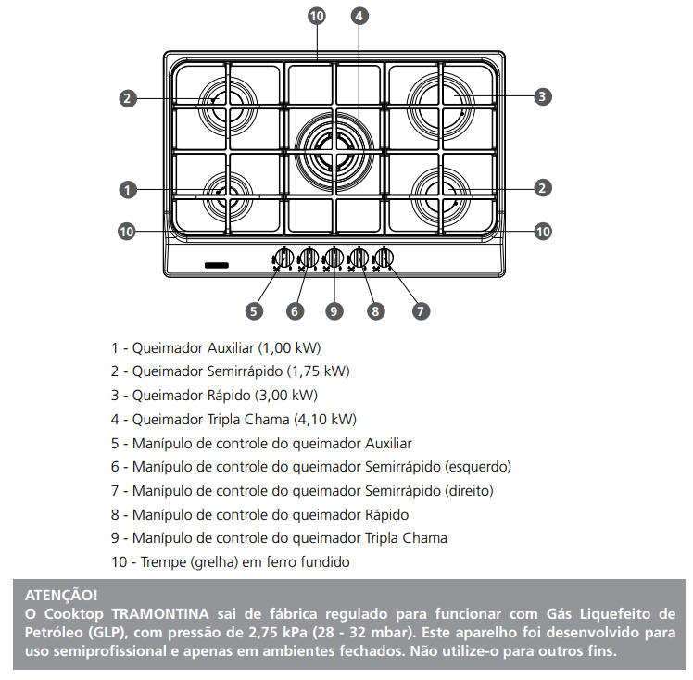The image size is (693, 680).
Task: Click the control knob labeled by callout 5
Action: [x=283, y=258]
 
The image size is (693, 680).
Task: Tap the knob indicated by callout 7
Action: [x=384, y=258]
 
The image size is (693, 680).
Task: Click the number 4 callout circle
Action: [x=359, y=16]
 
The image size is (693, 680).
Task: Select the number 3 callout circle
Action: [x=543, y=95]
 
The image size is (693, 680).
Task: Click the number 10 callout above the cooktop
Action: [x=317, y=16]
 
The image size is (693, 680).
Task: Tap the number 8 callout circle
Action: [x=375, y=311]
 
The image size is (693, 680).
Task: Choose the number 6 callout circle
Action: [x=296, y=311]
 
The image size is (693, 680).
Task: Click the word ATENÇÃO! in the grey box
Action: [x=61, y=595]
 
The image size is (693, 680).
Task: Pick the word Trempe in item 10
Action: [x=161, y=562]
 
